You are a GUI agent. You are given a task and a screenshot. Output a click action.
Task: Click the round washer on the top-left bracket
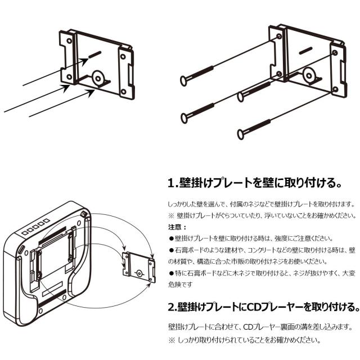tap(100, 78)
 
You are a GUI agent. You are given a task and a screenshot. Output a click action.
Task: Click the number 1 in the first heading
tap(172, 183)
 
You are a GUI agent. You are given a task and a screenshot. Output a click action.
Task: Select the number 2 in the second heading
tap(172, 308)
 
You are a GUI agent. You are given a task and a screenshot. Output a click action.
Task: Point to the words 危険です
tap(181, 285)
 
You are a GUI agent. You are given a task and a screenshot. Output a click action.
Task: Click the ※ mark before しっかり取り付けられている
tap(172, 340)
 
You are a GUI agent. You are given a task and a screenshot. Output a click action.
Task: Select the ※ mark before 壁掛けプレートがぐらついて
tap(172, 215)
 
